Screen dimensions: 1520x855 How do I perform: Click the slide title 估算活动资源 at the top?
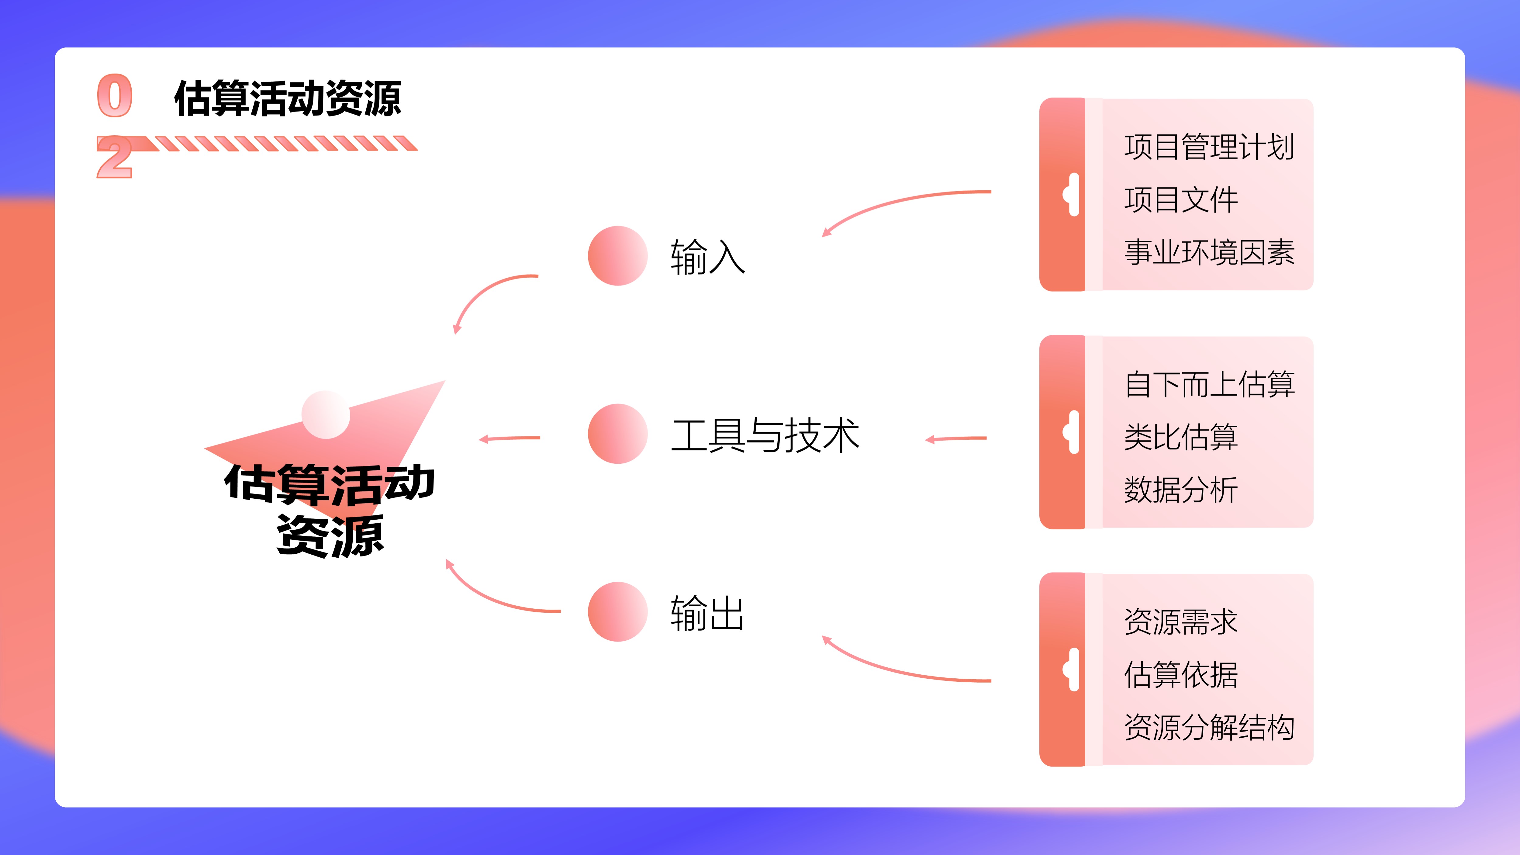point(287,98)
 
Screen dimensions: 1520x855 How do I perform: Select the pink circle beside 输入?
point(618,255)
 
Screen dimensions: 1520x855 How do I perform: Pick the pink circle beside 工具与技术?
point(618,434)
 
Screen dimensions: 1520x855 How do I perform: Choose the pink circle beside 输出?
point(618,611)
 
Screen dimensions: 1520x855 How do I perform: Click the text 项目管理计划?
point(1209,147)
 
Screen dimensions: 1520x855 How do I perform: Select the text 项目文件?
point(1181,199)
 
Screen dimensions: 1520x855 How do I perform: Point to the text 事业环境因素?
point(1209,252)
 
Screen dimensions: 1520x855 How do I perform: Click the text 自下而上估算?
point(1209,384)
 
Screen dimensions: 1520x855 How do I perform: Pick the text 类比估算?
point(1181,437)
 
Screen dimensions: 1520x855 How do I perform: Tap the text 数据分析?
point(1181,489)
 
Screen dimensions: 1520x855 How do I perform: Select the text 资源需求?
point(1181,621)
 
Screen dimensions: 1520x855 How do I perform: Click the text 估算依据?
point(1181,674)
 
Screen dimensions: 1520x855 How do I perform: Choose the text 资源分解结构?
point(1209,726)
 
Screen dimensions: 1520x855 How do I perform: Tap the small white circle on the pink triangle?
point(326,415)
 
